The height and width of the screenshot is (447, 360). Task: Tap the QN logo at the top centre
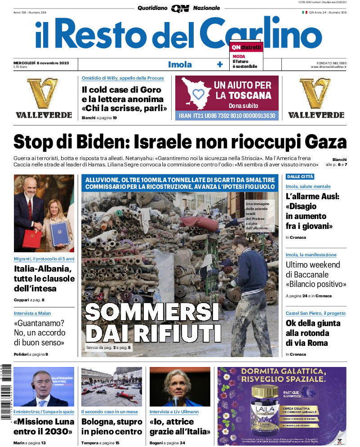180,8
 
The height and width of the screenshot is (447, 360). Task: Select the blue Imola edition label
180,64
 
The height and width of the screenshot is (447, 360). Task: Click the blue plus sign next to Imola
220,64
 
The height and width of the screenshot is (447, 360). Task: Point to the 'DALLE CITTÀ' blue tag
300,177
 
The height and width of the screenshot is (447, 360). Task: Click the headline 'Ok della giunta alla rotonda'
313,333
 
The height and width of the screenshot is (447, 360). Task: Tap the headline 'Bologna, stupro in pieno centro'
112,427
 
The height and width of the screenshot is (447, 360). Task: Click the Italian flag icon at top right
304,12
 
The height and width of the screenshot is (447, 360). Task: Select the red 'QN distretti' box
246,47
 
